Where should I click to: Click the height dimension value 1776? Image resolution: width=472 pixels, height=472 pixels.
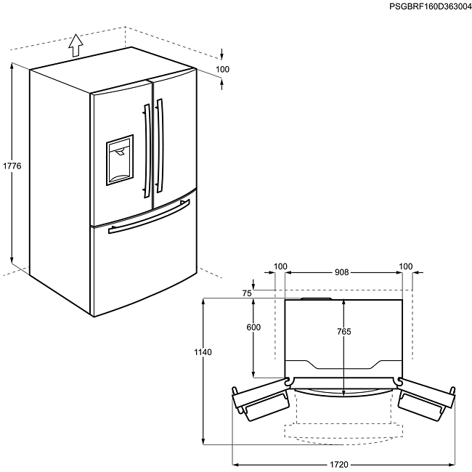click(12, 166)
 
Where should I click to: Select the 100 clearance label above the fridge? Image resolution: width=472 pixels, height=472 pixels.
click(223, 70)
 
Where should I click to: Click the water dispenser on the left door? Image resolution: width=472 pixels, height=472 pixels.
click(120, 158)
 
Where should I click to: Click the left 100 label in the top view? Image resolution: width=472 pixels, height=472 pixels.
click(281, 266)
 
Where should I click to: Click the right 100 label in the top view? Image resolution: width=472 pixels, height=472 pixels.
click(405, 266)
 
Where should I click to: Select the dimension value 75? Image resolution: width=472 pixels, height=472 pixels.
click(247, 293)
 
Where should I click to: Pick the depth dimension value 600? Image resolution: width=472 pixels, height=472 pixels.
click(253, 327)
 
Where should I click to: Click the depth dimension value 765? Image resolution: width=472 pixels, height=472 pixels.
click(344, 332)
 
